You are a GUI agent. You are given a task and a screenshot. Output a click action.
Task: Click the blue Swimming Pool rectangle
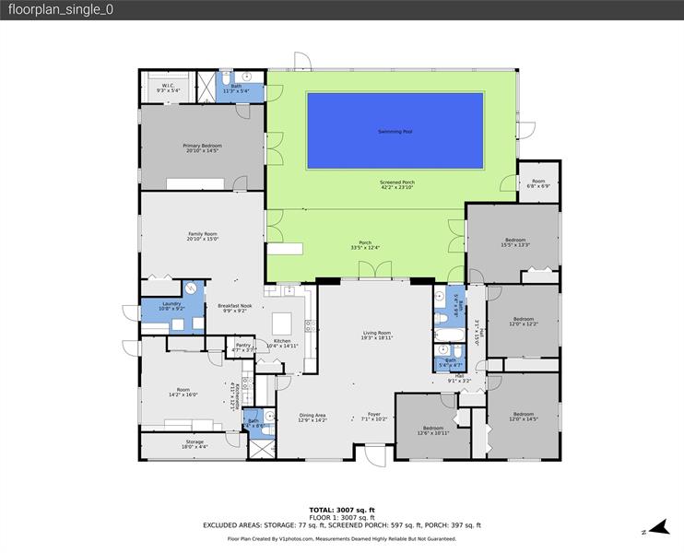tap(395, 132)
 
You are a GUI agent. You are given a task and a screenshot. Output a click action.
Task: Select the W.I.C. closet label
tap(168, 88)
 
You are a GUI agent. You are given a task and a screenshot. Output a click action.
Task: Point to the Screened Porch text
tap(397, 185)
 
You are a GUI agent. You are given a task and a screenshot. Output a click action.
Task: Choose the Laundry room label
tap(171, 306)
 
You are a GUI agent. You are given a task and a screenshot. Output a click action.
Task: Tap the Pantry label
tap(242, 347)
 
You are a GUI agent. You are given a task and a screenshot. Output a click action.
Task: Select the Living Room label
tap(376, 335)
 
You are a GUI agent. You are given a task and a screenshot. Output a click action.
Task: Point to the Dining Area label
tap(313, 417)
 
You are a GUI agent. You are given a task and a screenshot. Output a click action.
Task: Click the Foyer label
tap(373, 417)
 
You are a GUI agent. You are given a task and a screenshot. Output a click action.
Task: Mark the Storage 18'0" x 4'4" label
tap(194, 444)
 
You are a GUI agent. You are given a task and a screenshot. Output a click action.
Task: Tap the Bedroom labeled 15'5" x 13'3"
tap(513, 242)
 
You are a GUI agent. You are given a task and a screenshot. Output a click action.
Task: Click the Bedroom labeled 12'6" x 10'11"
tap(433, 429)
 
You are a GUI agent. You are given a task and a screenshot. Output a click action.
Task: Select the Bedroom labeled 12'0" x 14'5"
tap(523, 417)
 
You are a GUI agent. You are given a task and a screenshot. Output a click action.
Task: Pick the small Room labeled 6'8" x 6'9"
tap(537, 183)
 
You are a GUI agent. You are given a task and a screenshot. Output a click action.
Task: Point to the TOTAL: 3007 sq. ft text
tap(341, 509)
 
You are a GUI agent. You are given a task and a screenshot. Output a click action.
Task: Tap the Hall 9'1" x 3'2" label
tap(459, 378)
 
